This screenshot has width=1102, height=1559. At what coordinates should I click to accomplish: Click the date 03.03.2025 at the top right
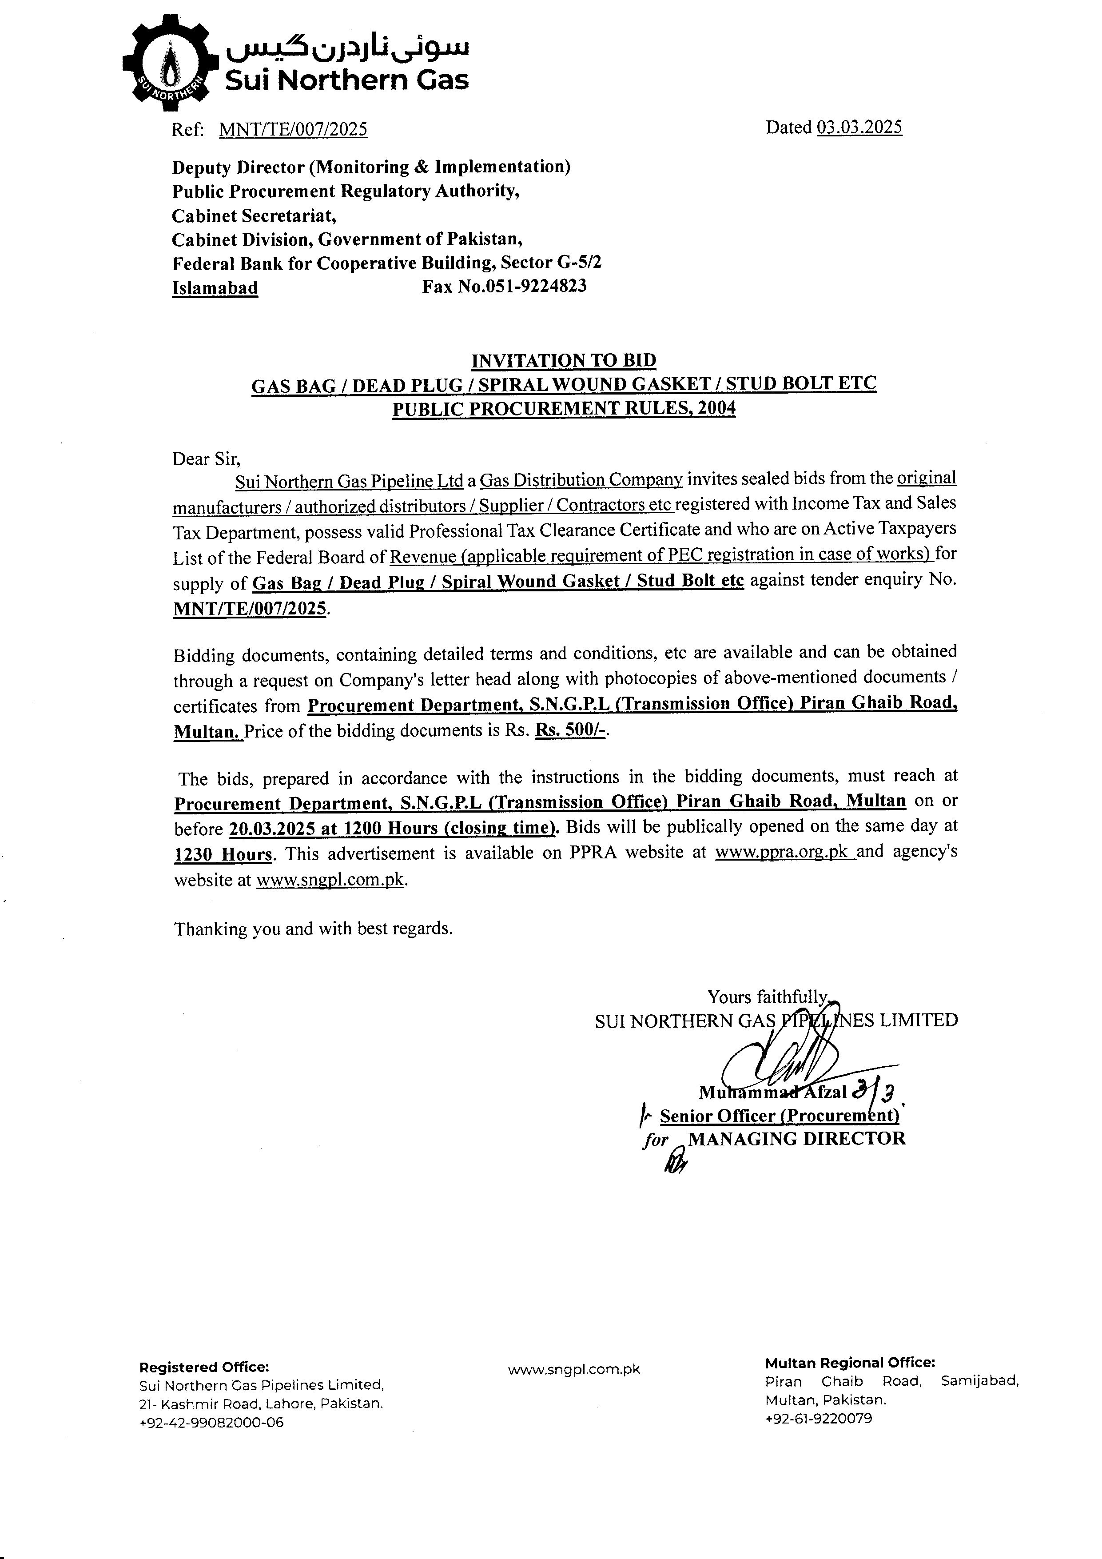tap(859, 128)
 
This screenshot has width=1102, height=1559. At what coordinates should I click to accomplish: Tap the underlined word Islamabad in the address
tap(215, 288)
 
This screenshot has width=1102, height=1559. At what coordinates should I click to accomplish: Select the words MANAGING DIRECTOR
tap(796, 1139)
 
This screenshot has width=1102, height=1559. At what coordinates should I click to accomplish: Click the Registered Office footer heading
tap(204, 1367)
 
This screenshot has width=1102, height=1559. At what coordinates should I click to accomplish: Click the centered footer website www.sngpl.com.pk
tap(574, 1370)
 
